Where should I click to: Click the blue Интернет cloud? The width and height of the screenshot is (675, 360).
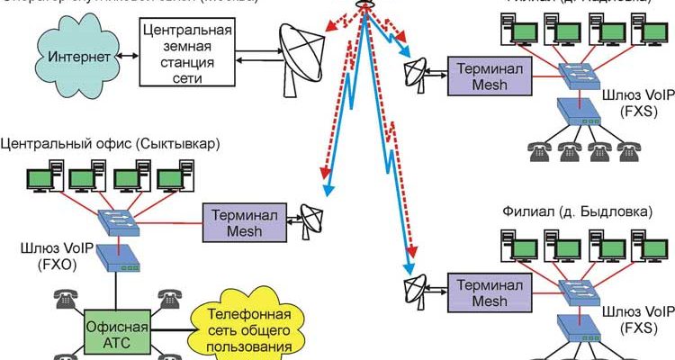[x=72, y=58]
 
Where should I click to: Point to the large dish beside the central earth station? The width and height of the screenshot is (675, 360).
[x=302, y=55]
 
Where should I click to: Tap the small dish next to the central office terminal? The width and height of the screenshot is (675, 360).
[x=314, y=220]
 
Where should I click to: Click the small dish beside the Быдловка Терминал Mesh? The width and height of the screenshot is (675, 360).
[x=417, y=290]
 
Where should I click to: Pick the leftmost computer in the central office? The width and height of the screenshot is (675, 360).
[x=40, y=176]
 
